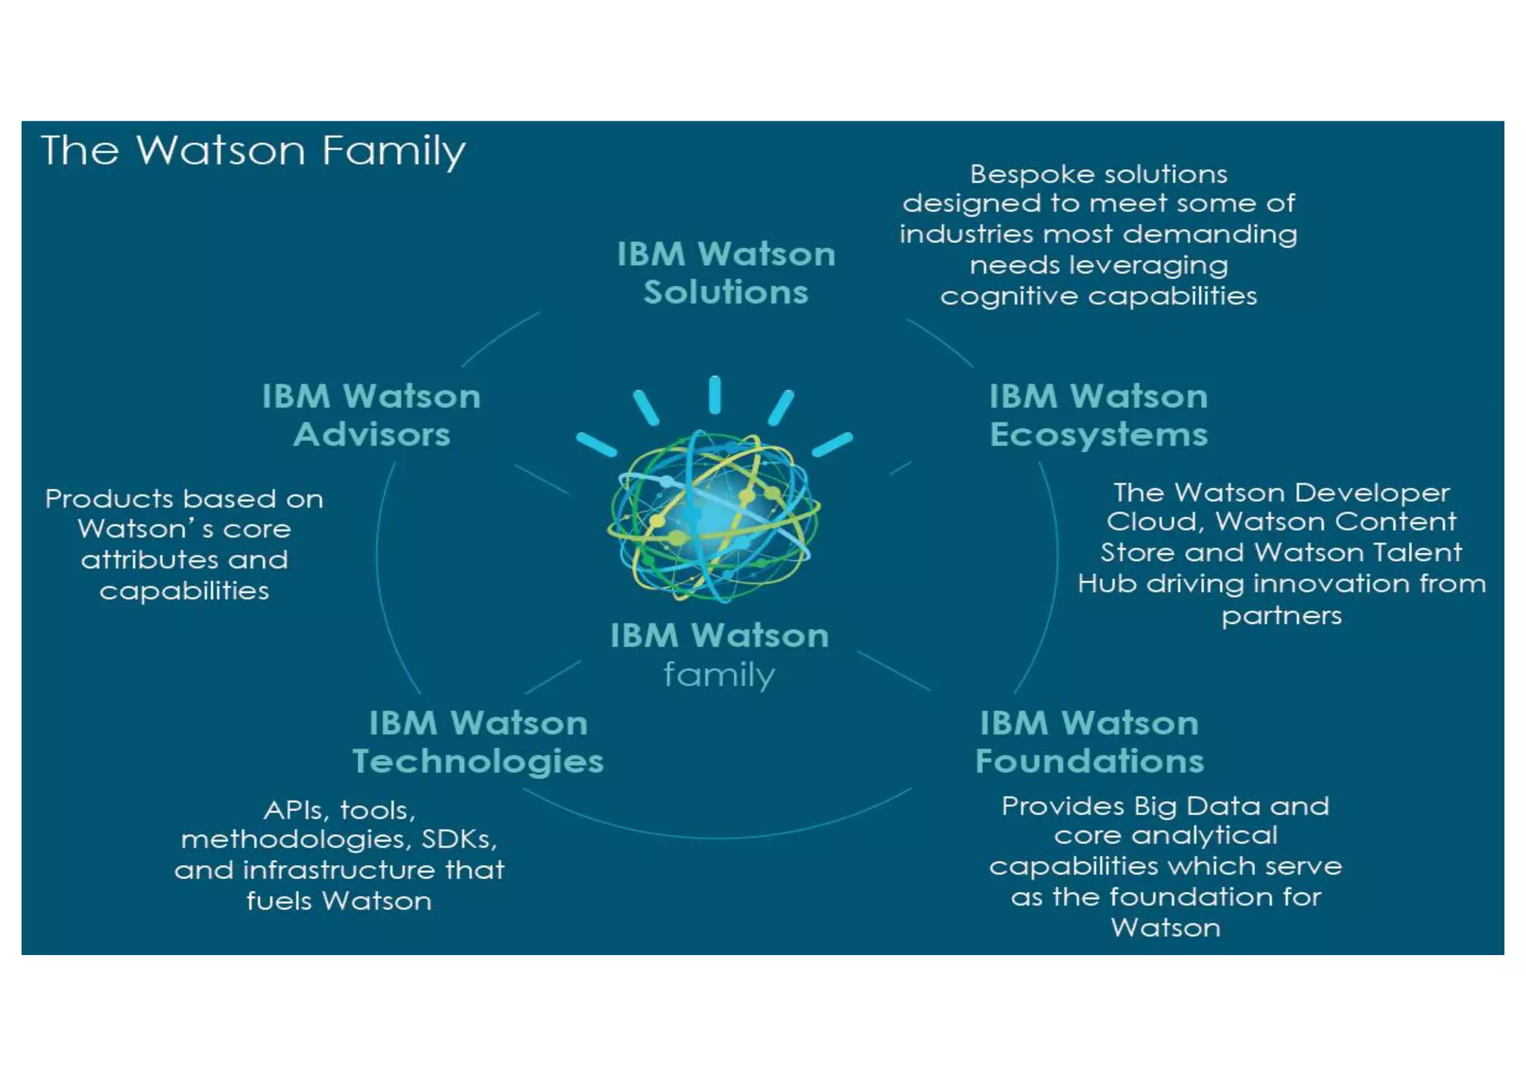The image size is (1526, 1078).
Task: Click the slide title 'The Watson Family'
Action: click(253, 151)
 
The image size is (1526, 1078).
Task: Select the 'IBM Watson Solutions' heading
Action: click(726, 273)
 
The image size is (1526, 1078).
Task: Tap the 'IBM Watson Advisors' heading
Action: click(371, 415)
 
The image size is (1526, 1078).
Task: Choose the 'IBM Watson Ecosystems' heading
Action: click(1098, 415)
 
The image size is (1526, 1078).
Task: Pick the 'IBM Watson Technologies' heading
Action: click(478, 742)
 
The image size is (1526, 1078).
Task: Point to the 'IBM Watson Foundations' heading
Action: click(1089, 742)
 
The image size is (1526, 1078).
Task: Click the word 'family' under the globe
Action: click(719, 675)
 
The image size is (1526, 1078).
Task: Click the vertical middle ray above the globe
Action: click(715, 395)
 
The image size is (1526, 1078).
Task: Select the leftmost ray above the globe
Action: click(596, 444)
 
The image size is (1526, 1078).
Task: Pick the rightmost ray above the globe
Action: click(832, 444)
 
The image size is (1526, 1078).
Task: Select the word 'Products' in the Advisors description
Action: click(109, 498)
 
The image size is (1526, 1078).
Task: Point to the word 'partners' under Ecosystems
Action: click(1282, 616)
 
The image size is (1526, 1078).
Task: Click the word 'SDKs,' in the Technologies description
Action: click(459, 840)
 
